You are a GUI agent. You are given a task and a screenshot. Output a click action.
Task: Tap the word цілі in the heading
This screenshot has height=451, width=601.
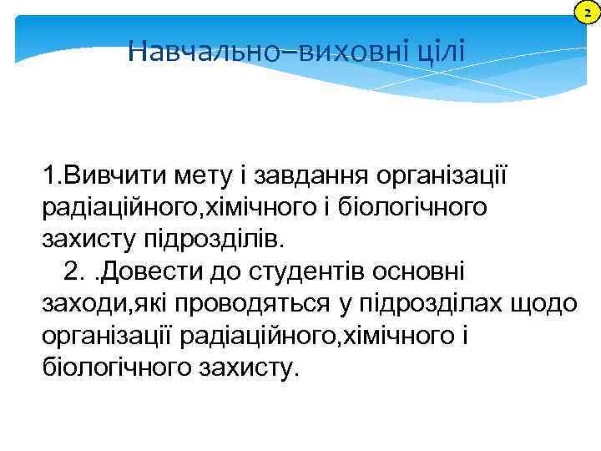pos(441,53)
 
